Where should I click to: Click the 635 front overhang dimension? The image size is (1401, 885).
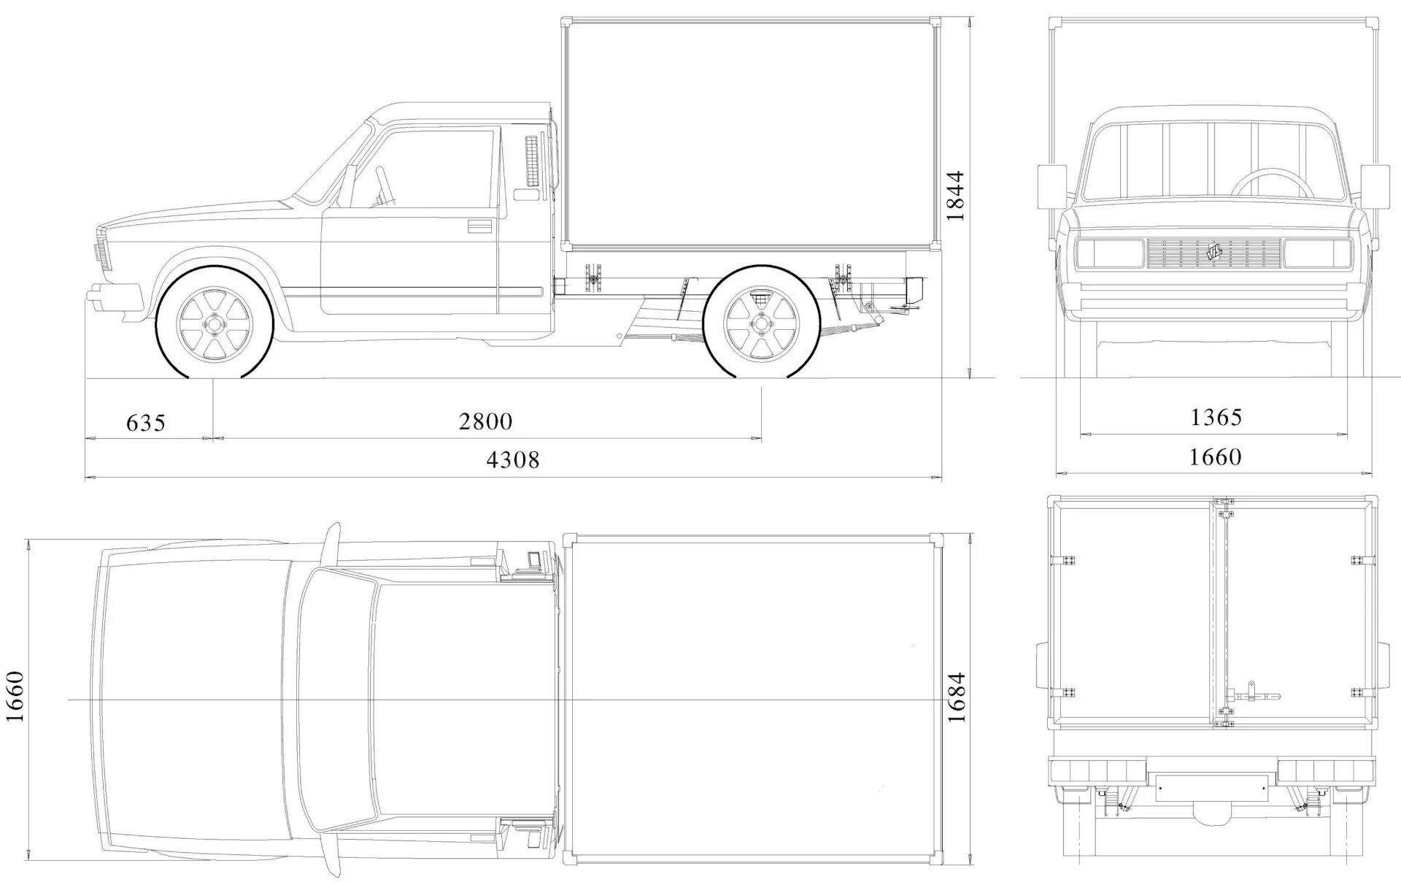pos(146,423)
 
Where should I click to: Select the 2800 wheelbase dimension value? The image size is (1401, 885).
pos(486,421)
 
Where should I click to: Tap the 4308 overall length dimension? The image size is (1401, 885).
pos(513,459)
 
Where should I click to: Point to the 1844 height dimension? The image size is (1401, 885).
pos(954,196)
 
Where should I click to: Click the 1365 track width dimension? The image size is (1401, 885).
pos(1216,417)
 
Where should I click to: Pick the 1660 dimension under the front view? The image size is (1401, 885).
pos(1216,456)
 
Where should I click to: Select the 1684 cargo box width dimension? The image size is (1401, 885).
pos(956,697)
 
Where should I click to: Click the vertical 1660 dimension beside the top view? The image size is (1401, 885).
pos(15,696)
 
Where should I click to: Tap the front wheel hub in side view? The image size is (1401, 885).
pos(215,324)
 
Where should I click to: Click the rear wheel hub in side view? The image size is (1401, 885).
pos(761,323)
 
